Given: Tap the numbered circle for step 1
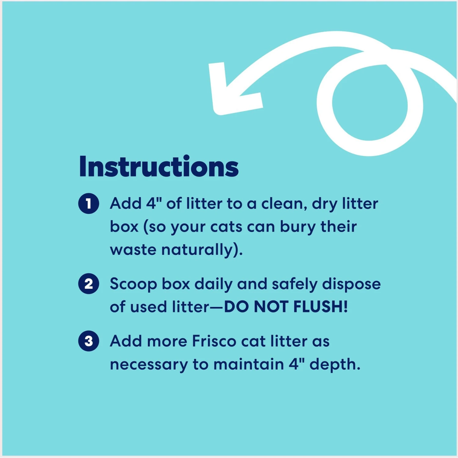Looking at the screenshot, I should [89, 204].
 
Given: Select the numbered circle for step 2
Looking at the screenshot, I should [89, 284].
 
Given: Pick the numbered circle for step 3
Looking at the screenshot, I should [89, 341].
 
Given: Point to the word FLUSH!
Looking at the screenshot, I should [321, 307].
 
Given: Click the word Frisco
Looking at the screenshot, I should [214, 341].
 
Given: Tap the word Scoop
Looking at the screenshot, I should [133, 284].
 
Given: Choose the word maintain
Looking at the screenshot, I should [249, 365].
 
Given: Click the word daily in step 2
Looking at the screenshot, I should [214, 284].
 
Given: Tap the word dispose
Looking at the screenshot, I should [351, 284].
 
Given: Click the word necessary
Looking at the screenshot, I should [149, 365].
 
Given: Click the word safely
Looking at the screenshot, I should [295, 284].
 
